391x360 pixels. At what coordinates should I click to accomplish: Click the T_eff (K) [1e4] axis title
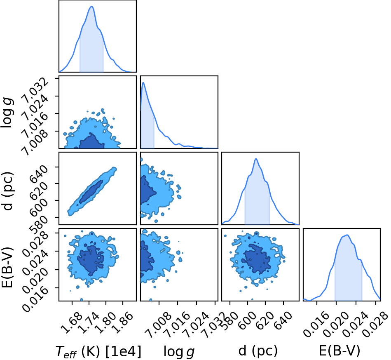pyautogui.click(x=98, y=351)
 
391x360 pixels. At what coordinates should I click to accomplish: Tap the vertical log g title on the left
pyautogui.click(x=7, y=113)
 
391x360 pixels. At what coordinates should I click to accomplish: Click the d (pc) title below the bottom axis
pyautogui.click(x=258, y=351)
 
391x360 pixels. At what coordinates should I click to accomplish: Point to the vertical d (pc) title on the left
pyautogui.click(x=7, y=191)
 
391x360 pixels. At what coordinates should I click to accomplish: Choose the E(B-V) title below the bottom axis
pyautogui.click(x=339, y=351)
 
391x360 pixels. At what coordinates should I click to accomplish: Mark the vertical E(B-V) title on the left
pyautogui.click(x=7, y=267)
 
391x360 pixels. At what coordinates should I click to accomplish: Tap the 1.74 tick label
pyautogui.click(x=88, y=323)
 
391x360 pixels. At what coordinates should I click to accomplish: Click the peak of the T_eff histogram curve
pyautogui.click(x=91, y=6)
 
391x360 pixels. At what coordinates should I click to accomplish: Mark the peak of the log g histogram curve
pyautogui.click(x=143, y=82)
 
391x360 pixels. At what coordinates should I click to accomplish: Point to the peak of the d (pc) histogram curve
pyautogui.click(x=256, y=159)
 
